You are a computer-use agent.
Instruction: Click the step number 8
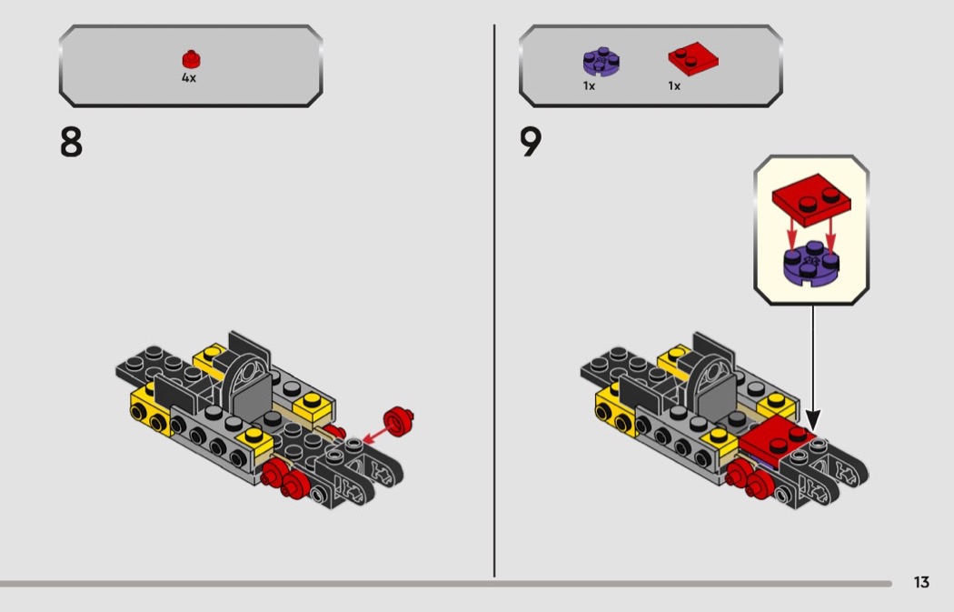pos(71,143)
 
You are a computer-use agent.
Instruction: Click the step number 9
pos(531,143)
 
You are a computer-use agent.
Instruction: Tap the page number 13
pos(921,582)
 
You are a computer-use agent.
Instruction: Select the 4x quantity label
pos(189,78)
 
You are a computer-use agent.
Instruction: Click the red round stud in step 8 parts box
pos(191,59)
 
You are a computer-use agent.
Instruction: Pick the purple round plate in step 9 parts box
pos(601,62)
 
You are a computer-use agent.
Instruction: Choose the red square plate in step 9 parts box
pos(693,58)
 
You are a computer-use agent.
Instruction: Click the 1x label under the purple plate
pos(589,85)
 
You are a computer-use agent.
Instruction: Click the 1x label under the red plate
pos(674,85)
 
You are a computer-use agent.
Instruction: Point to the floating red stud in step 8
pos(399,421)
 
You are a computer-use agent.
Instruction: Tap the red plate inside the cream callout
pos(811,200)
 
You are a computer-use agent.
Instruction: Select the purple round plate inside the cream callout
pos(811,263)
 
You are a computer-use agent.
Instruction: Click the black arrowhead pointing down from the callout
pos(813,420)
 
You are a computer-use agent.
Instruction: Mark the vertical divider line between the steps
pos(494,301)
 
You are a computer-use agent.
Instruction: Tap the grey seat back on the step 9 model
pos(715,391)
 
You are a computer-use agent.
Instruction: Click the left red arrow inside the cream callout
pos(791,234)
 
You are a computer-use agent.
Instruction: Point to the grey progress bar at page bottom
pos(446,584)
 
